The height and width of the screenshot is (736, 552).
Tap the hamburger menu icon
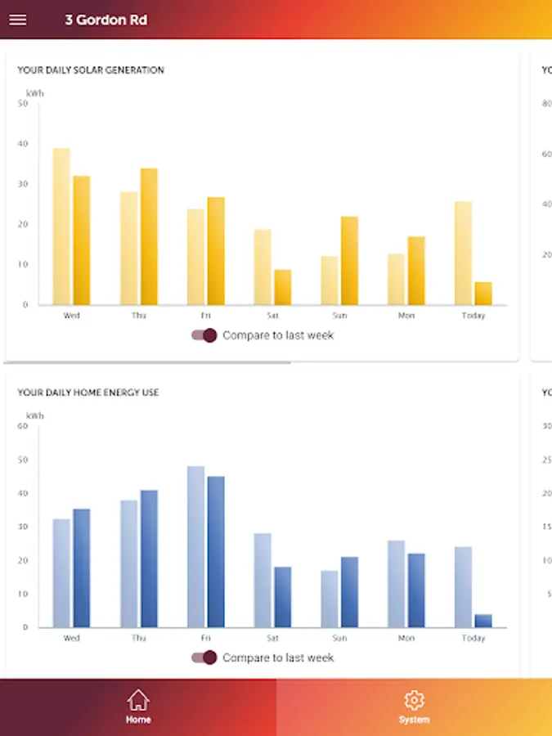[x=17, y=20]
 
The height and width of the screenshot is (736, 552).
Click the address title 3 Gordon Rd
[x=106, y=20]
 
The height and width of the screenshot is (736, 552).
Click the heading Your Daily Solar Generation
[x=91, y=70]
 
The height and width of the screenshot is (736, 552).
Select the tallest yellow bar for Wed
[x=61, y=227]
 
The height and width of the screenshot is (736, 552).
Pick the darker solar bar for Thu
[x=149, y=236]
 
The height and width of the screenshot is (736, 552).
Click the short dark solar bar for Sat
[x=282, y=287]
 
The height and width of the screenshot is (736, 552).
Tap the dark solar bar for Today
[x=483, y=294]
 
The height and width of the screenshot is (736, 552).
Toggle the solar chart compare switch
[x=204, y=335]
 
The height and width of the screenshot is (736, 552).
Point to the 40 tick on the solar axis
[x=22, y=144]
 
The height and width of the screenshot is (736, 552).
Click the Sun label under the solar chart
[x=339, y=316]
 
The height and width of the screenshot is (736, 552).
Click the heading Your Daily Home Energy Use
[x=88, y=393]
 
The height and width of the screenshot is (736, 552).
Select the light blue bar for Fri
[x=195, y=546]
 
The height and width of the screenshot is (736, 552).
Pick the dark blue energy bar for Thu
[x=149, y=559]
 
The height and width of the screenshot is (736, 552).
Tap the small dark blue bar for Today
[x=483, y=621]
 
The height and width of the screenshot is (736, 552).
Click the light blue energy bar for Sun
[x=330, y=599]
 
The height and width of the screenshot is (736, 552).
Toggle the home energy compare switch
[x=204, y=657]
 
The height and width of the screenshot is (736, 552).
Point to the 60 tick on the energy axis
[x=22, y=426]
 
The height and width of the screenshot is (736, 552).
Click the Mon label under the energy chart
[x=406, y=638]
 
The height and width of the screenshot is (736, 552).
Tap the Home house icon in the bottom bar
[x=138, y=700]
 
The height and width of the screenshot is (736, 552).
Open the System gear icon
[x=414, y=700]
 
